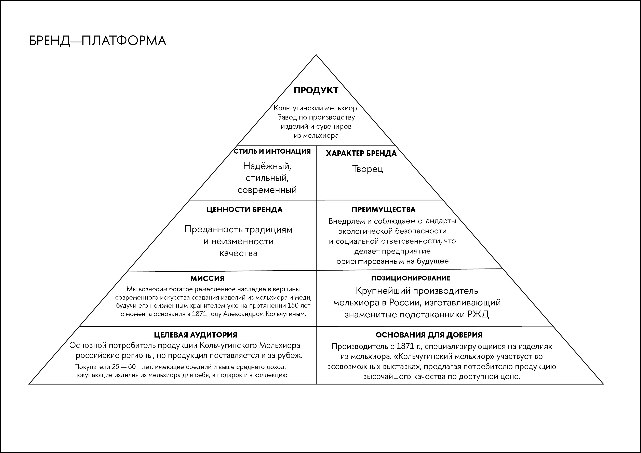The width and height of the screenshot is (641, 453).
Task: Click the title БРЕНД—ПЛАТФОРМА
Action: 97,41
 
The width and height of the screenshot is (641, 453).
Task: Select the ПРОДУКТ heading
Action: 316,90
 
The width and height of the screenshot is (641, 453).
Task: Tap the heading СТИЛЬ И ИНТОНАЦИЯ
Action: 272,151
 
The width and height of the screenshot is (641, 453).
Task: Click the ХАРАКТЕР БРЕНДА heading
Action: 361,153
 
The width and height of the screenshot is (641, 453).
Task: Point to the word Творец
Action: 368,169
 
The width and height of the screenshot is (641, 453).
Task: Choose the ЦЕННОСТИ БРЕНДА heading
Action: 244,210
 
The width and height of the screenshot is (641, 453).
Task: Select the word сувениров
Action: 334,126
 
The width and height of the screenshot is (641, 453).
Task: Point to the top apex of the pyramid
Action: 316,55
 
